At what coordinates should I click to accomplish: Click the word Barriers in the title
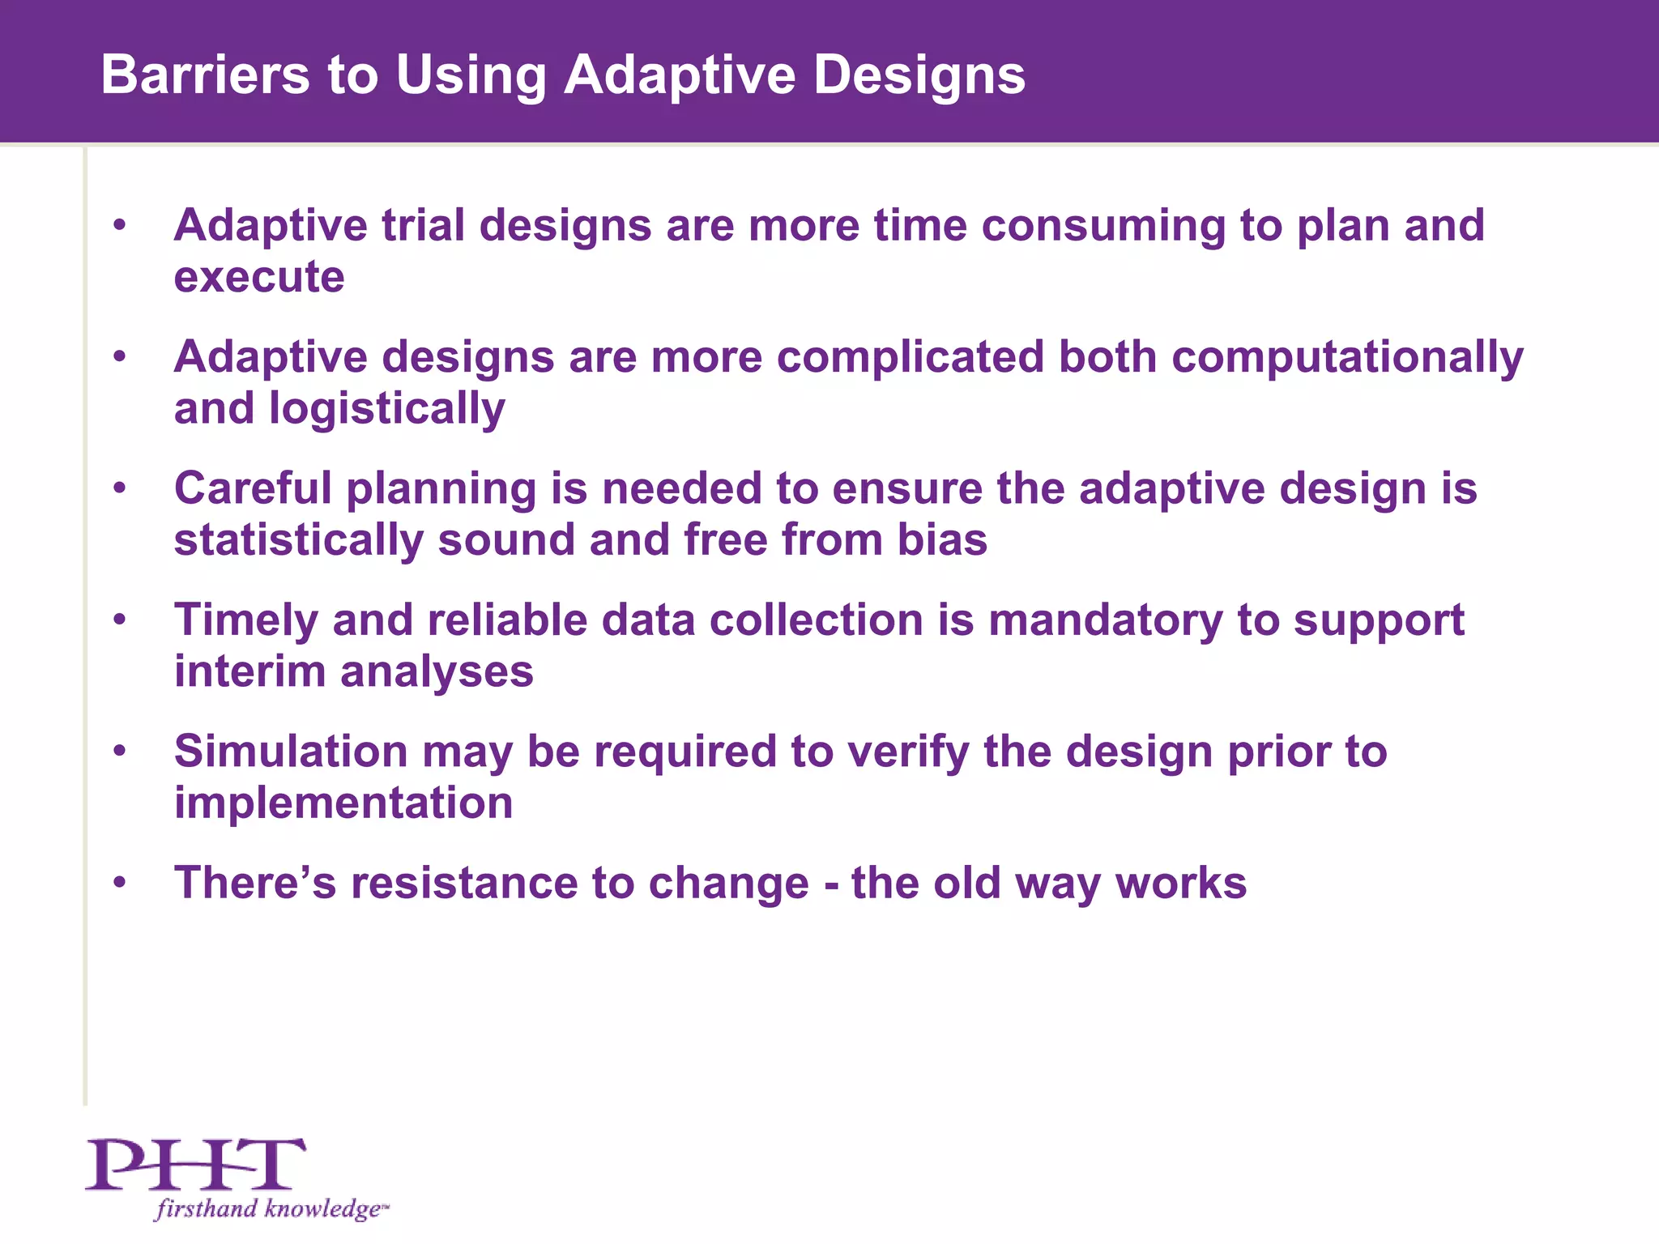point(206,75)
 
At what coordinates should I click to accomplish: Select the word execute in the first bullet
point(259,278)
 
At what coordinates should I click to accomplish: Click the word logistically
point(386,409)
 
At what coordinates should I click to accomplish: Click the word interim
point(249,672)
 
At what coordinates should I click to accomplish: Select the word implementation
point(343,803)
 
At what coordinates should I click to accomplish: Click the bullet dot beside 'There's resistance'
point(120,883)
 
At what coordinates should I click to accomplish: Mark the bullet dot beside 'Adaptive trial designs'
point(120,225)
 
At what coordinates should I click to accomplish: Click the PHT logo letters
point(196,1164)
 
